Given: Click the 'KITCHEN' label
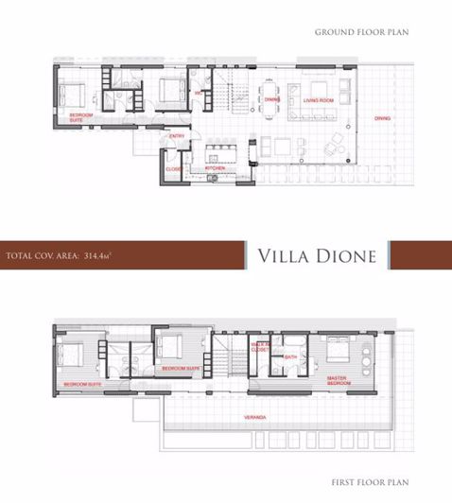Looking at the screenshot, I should click(x=215, y=167).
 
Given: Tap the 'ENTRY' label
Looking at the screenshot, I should click(x=176, y=136).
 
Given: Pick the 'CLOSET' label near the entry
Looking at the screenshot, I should click(x=173, y=169).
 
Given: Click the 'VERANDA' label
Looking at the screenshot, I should click(x=252, y=417).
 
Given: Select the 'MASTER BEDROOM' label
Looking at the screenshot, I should click(x=339, y=381).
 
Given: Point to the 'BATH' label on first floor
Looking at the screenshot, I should click(x=290, y=357).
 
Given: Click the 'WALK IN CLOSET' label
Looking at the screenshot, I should click(x=258, y=347).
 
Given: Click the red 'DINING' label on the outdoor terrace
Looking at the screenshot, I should click(x=381, y=118).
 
